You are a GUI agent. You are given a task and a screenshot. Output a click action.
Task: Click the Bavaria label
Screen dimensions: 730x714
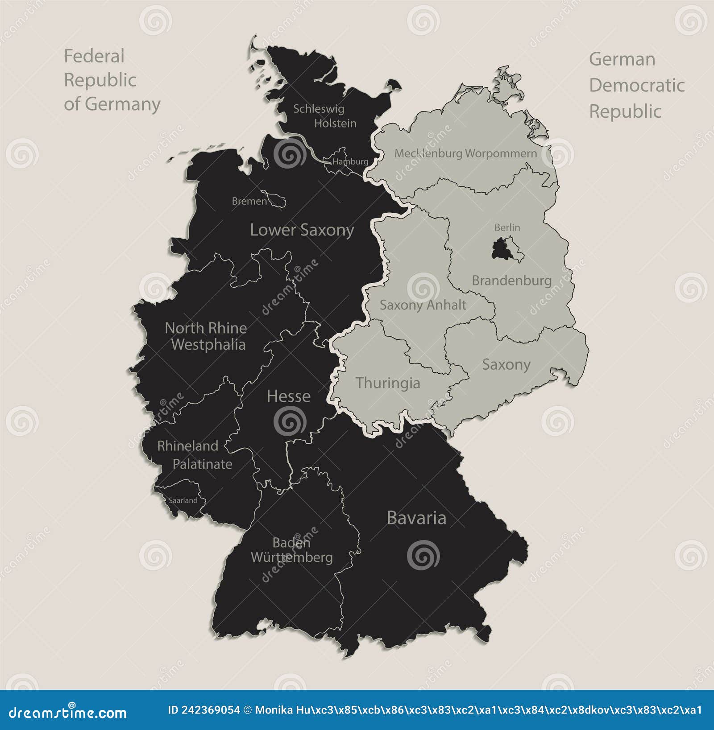click(416, 518)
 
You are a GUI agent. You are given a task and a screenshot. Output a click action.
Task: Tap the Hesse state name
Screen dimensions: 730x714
click(288, 396)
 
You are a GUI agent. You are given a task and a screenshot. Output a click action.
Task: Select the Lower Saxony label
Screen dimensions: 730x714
click(302, 230)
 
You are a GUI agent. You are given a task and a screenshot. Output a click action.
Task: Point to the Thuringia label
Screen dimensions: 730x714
click(388, 383)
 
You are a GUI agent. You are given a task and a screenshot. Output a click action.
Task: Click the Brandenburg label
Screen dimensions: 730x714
click(512, 280)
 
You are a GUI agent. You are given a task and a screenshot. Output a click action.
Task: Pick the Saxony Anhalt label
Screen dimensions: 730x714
click(423, 305)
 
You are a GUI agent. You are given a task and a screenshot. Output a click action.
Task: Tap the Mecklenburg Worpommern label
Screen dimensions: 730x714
click(465, 153)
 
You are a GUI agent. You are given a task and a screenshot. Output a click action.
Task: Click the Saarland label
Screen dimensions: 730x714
click(183, 500)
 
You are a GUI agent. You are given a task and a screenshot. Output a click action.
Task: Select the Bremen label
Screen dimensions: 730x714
click(249, 202)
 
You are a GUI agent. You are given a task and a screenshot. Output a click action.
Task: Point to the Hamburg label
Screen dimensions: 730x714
click(350, 161)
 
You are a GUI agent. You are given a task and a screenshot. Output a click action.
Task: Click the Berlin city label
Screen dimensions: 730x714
click(507, 227)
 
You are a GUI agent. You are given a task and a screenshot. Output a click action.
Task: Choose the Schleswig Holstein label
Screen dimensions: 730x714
click(324, 116)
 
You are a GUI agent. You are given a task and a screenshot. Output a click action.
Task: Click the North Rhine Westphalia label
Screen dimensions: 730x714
click(206, 336)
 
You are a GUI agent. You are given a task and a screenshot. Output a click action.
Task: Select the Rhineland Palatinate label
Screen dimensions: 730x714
click(195, 455)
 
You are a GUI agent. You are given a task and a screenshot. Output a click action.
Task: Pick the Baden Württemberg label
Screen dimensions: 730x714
click(291, 550)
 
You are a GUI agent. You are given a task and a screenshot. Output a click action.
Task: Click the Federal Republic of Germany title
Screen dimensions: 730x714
click(112, 80)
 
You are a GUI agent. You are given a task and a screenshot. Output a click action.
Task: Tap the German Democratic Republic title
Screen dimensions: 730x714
click(636, 85)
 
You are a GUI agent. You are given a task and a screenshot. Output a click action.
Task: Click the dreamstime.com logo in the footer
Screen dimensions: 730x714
click(68, 713)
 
